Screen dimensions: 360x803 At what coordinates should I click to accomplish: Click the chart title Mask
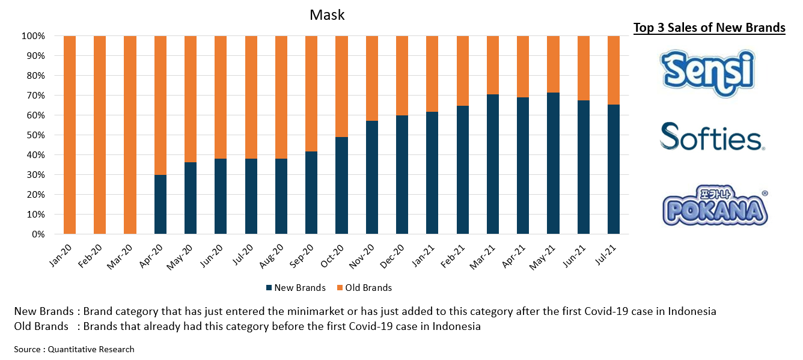327,15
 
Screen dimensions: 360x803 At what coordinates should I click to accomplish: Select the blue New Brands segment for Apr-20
160,204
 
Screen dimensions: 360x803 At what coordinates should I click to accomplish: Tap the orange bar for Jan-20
70,135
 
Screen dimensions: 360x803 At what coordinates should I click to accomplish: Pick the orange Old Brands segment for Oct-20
342,87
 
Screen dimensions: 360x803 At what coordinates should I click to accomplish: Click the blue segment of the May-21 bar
554,163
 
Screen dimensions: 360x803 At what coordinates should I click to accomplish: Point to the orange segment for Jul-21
614,70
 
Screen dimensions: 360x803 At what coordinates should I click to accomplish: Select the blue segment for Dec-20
402,174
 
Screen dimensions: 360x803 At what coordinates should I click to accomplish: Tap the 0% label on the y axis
38,234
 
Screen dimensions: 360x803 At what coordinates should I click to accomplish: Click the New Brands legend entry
295,288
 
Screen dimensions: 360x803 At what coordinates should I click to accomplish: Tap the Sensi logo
707,72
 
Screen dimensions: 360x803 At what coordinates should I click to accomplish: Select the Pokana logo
713,207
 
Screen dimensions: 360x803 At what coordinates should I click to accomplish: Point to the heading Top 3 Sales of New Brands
709,28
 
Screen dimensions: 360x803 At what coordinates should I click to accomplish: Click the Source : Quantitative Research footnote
75,349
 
